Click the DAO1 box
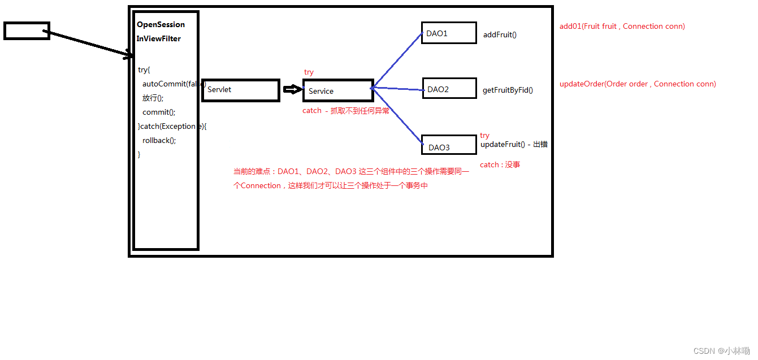449,33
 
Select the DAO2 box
449,89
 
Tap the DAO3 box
449,145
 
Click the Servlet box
241,90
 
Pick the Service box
337,90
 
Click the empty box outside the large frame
27,31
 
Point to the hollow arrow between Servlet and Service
291,89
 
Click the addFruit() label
500,35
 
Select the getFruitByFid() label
508,90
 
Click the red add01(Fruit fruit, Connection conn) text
622,26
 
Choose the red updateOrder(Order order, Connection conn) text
638,84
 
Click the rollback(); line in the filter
159,140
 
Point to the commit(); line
159,112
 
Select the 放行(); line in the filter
153,98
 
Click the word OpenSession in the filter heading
161,25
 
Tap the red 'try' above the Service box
309,72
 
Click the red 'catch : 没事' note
500,164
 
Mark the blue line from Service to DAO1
397,59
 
